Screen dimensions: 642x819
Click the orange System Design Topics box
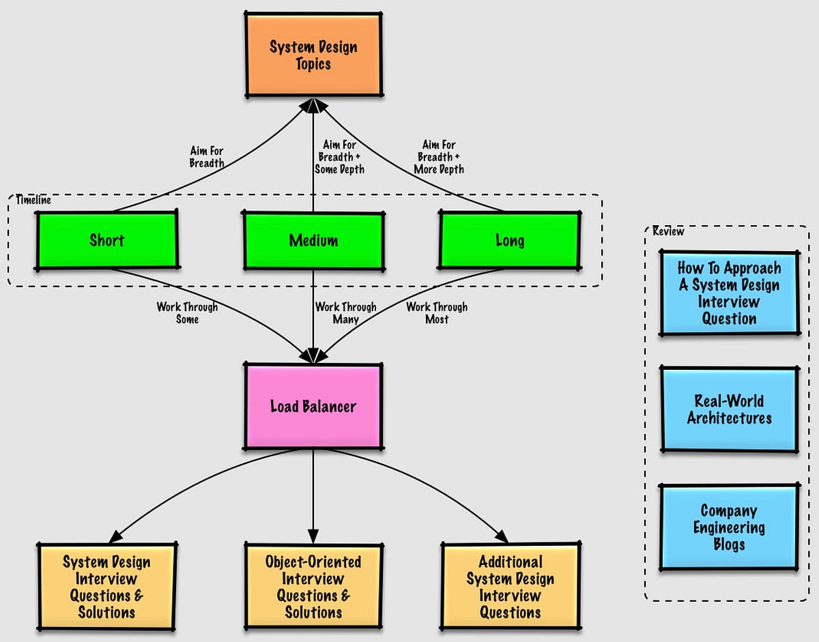(x=313, y=55)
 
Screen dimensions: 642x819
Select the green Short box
(x=106, y=239)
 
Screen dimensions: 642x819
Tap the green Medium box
(x=313, y=240)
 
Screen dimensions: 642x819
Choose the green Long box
(x=509, y=240)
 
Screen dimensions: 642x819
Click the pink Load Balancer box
(x=313, y=407)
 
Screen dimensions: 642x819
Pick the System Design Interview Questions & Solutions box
(x=106, y=586)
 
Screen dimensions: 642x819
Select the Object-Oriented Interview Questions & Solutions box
(x=313, y=586)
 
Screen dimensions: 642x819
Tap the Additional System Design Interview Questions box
(x=510, y=586)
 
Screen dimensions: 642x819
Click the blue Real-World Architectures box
(x=729, y=409)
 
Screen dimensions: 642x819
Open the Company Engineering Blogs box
(x=729, y=527)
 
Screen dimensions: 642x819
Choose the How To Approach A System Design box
(x=729, y=293)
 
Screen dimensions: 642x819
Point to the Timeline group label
(x=33, y=201)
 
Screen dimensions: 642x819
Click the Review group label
(x=668, y=231)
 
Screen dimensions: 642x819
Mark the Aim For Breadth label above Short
(x=206, y=157)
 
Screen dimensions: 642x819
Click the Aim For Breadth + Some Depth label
(x=339, y=157)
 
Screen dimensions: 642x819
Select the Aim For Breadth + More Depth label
(x=440, y=157)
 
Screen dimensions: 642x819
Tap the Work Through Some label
(x=187, y=312)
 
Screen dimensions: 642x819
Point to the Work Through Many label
(x=345, y=312)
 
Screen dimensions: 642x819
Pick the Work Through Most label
(x=437, y=312)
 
